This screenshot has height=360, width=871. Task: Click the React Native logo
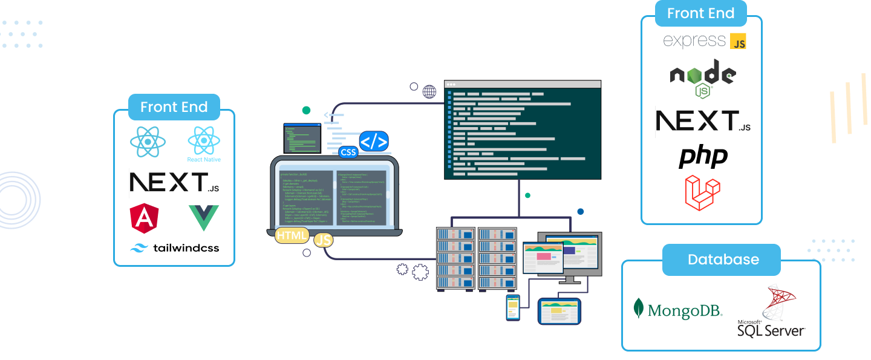204,144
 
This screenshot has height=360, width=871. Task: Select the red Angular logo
144,218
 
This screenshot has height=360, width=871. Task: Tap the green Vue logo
204,218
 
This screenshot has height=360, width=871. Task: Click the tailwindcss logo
174,247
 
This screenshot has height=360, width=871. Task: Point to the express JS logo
704,41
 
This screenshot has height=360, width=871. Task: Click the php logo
703,156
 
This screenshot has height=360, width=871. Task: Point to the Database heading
723,260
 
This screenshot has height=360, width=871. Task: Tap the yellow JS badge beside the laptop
324,240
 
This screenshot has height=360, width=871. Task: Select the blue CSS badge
348,152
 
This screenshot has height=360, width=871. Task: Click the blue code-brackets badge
374,142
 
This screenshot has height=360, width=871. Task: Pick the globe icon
429,92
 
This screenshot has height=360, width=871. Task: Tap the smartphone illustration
513,307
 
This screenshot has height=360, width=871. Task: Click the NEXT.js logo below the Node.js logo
703,121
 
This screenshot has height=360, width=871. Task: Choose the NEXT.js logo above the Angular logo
174,183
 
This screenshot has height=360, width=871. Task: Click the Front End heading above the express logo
700,13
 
